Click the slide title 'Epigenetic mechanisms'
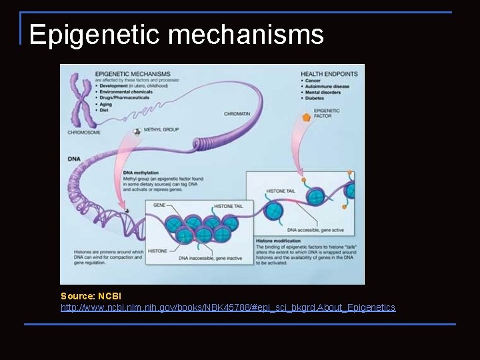coord(176,35)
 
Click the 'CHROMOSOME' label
coord(83,132)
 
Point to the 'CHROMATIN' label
coord(237,114)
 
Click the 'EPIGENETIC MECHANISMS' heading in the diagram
coord(133,73)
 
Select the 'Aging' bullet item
coord(105,105)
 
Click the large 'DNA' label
coord(75,159)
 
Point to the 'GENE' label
coord(159,205)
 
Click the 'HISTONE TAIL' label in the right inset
coord(281,191)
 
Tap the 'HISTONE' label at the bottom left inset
coord(157,251)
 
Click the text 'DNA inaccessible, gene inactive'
coord(211,258)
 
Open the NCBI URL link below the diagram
coord(227,307)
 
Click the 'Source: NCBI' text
coord(91,296)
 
